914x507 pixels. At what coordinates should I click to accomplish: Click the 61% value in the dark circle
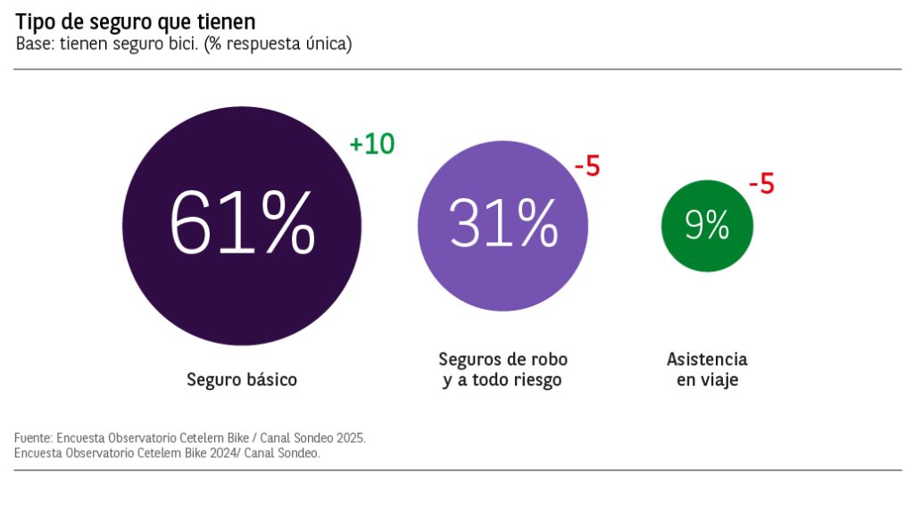pos(242,224)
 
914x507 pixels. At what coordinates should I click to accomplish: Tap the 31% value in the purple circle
pos(503,223)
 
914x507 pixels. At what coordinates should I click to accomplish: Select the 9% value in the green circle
pos(707,225)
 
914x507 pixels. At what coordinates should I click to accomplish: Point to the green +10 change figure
pos(372,145)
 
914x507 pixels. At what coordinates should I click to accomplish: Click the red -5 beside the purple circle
pos(587,167)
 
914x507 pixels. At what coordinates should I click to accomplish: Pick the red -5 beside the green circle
pos(760,185)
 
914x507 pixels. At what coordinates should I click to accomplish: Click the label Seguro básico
pos(242,379)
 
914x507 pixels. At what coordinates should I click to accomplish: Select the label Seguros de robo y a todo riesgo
pos(503,370)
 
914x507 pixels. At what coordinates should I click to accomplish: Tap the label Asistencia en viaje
pos(707,370)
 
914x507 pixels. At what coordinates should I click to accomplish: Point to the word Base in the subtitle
pos(34,44)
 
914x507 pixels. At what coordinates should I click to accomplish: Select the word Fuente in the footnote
pos(32,439)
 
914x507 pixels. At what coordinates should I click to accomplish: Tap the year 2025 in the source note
pos(349,439)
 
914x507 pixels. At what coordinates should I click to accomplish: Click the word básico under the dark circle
pos(271,379)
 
